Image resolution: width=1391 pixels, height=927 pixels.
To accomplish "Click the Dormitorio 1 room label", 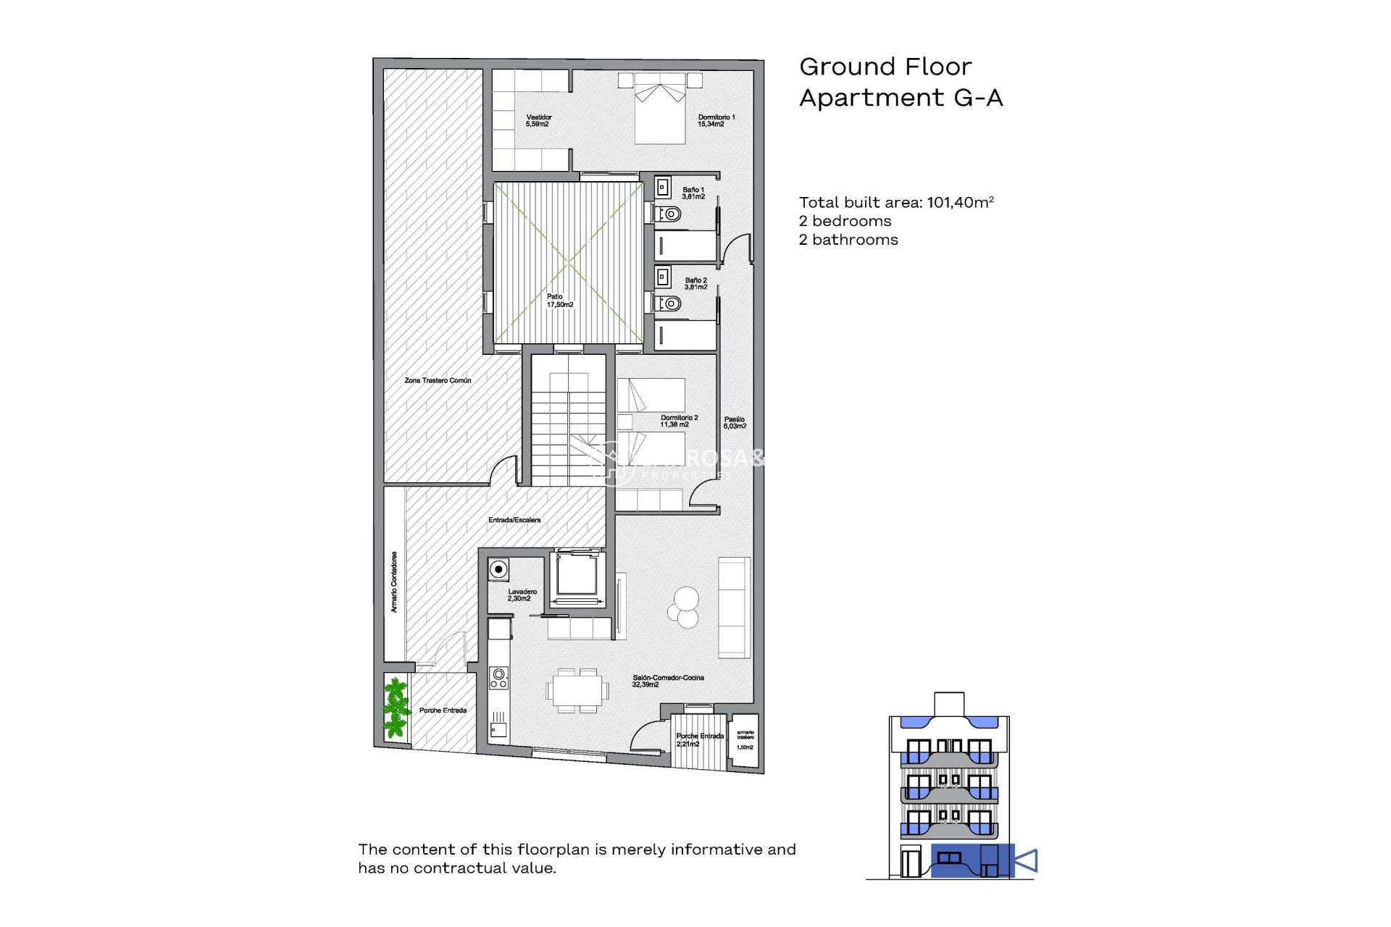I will point(716,120).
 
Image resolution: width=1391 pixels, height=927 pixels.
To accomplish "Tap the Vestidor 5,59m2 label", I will point(538,120).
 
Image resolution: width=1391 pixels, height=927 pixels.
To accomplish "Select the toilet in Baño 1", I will point(670,214).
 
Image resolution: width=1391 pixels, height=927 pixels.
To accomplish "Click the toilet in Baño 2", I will point(670,303).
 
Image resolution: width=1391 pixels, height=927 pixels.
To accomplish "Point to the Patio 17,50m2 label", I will point(559,301).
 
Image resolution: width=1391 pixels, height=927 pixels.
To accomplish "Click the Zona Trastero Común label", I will point(438,380).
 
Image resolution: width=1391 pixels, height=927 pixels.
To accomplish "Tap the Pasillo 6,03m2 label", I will point(734,423).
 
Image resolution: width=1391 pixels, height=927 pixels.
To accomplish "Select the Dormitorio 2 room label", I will point(678,421).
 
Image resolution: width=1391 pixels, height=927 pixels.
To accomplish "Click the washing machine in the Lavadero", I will point(498,569).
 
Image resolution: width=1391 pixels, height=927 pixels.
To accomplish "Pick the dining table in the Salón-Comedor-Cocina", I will point(577,690).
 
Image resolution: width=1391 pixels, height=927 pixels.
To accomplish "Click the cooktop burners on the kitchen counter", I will point(498,678).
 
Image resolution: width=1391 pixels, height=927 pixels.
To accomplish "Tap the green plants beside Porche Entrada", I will point(396,707).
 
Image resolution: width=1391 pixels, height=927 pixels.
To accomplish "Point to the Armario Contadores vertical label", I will point(394,582).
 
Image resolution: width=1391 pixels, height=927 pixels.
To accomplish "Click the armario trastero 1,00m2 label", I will point(745,740).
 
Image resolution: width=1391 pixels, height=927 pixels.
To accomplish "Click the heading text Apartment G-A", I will point(901,98).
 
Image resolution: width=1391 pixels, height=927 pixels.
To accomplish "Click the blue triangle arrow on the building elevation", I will point(1026,861).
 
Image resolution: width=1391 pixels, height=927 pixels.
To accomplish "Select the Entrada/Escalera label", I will point(514,520).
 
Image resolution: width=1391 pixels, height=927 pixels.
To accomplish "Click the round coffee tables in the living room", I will point(684,607).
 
